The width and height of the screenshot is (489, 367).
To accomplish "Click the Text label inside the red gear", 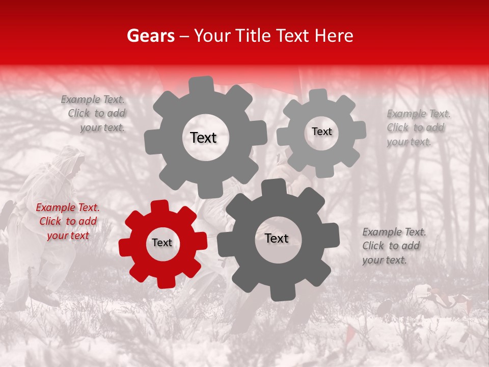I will [x=162, y=243].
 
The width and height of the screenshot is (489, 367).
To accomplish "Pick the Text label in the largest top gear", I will [x=203, y=138].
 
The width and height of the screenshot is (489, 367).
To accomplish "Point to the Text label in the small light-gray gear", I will [x=321, y=132].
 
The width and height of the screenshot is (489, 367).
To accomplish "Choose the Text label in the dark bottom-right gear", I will [x=277, y=239].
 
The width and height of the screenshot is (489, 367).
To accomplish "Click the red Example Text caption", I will [x=67, y=222].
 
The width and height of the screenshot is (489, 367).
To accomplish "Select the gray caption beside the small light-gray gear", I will [x=418, y=127].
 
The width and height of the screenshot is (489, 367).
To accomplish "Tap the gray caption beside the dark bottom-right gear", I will [x=394, y=246].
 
